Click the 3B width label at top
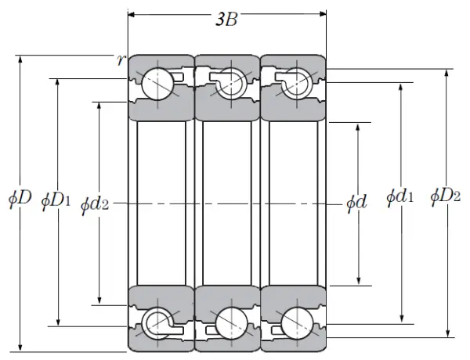[226, 20]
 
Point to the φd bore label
[357, 203]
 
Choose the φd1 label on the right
[400, 197]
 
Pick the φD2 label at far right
[445, 196]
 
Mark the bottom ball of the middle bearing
[228, 322]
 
